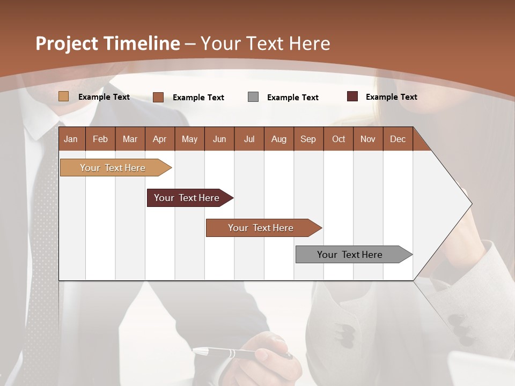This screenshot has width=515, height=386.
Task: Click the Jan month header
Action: click(71, 139)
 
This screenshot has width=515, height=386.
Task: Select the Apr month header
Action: click(159, 139)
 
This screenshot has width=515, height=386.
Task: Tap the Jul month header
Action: click(249, 139)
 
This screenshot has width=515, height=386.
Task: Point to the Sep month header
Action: click(308, 139)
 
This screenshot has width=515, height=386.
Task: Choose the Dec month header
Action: click(398, 139)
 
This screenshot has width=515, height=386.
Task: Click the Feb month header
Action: click(100, 139)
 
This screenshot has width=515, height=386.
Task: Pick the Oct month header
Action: click(339, 139)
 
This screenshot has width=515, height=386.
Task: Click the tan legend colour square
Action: click(64, 96)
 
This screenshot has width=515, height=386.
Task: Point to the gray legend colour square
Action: click(253, 96)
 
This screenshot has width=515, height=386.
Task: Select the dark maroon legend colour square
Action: click(352, 96)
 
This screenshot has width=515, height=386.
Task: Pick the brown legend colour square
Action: click(158, 97)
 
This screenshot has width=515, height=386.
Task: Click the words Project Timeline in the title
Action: click(107, 43)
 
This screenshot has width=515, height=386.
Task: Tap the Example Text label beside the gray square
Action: click(292, 97)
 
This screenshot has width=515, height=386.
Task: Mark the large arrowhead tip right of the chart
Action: click(471, 204)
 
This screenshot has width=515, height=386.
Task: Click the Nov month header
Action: click(368, 139)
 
